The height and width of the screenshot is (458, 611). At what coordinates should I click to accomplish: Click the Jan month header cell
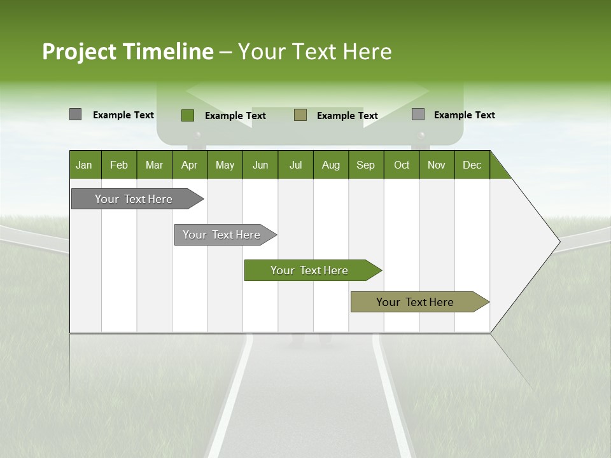coord(84,165)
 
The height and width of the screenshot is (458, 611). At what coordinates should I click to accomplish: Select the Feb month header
coord(119,165)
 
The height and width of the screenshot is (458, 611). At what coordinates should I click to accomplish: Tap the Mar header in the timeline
coord(154,165)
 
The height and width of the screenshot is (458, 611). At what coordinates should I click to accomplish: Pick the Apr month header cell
coord(190,165)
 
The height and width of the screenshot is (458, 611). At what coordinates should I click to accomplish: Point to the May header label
coord(225,165)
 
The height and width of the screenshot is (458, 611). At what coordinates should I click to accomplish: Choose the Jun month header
coord(260,165)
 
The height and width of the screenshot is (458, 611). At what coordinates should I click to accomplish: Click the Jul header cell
coord(295,165)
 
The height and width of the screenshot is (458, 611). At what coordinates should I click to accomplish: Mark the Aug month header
coord(331,165)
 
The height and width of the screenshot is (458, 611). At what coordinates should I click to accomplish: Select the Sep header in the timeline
coord(366,165)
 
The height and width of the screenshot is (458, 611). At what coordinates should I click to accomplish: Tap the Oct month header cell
coord(402,165)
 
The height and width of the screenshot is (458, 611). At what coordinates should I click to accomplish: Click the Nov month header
coord(437,165)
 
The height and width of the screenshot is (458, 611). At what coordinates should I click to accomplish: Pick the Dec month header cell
coord(472,165)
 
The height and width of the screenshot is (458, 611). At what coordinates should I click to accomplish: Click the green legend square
coord(188,115)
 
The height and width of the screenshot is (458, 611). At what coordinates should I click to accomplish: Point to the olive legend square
coord(300,114)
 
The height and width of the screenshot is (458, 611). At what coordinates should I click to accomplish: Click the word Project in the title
coord(80,52)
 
